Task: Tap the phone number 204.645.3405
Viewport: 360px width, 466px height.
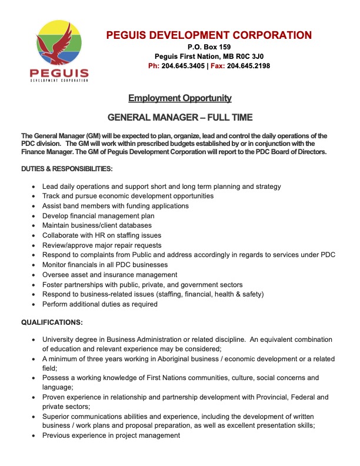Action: click(184, 66)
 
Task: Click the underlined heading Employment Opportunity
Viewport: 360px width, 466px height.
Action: click(180, 98)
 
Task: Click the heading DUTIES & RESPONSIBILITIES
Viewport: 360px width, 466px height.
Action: click(66, 169)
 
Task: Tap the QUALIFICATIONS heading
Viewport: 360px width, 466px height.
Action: click(52, 322)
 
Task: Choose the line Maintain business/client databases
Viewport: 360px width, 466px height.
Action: click(96, 225)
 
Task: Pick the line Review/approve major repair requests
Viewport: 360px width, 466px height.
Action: click(101, 245)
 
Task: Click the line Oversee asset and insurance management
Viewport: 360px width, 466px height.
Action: click(109, 275)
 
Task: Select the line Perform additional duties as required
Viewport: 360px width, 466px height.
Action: click(100, 304)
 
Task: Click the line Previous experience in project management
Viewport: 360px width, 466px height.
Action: click(111, 435)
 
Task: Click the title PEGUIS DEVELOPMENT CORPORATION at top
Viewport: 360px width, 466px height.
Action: click(209, 35)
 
